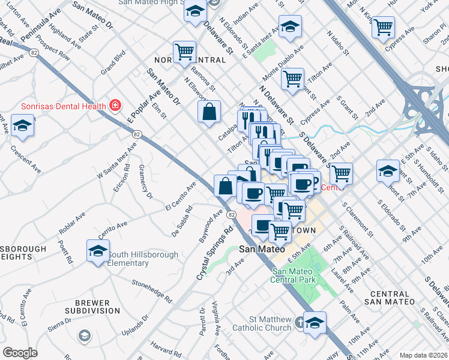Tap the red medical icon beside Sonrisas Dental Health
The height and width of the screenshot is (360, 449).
(114, 106)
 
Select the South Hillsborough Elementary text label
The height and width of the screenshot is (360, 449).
(143, 259)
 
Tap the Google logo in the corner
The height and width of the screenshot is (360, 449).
(20, 353)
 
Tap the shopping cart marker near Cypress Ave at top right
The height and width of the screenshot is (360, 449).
(383, 27)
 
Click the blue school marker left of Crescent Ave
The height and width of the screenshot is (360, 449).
(22, 125)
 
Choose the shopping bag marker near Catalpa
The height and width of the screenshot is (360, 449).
(209, 112)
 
